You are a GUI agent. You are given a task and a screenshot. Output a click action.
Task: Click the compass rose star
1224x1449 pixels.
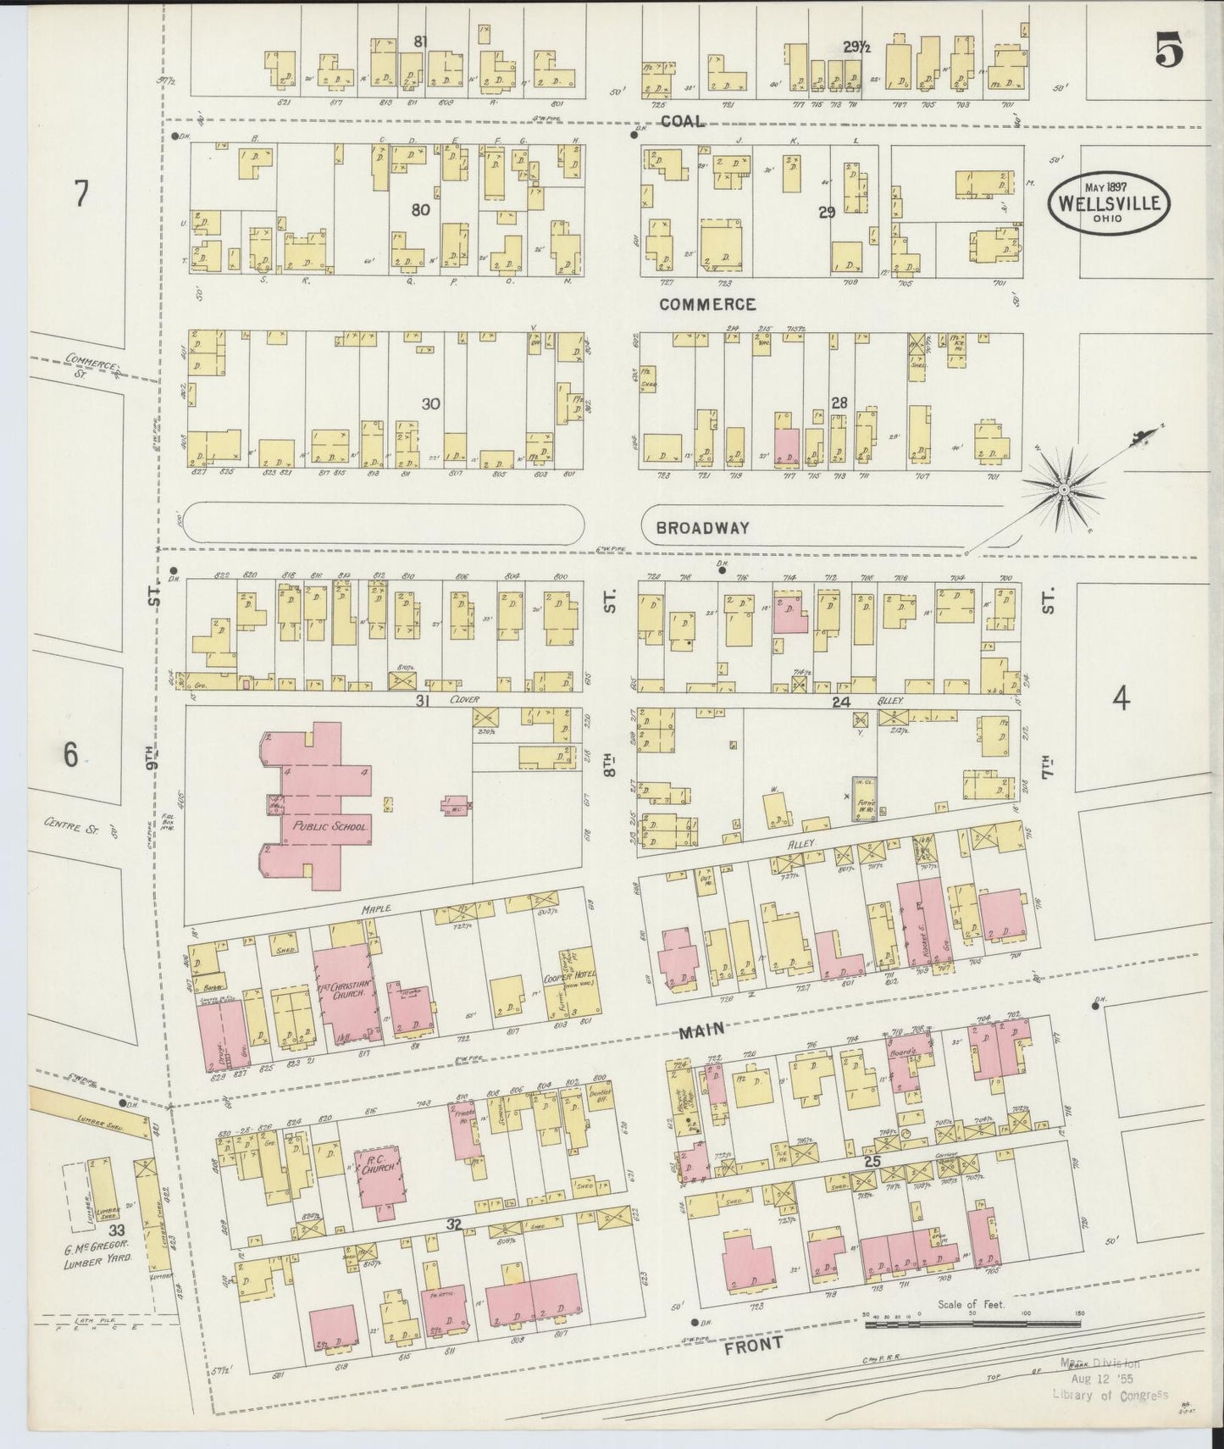(x=1063, y=489)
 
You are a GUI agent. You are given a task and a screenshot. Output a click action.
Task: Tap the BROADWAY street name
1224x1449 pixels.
(x=703, y=528)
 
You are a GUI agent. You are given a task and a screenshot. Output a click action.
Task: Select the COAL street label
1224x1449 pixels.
(x=682, y=122)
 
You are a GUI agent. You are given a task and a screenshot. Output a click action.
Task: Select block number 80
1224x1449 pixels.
(x=420, y=209)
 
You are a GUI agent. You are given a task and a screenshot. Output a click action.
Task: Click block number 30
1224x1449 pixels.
(x=430, y=404)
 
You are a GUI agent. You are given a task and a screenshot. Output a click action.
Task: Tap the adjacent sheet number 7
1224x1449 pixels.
(x=80, y=195)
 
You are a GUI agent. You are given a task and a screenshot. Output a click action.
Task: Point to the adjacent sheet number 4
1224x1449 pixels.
(x=1120, y=699)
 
